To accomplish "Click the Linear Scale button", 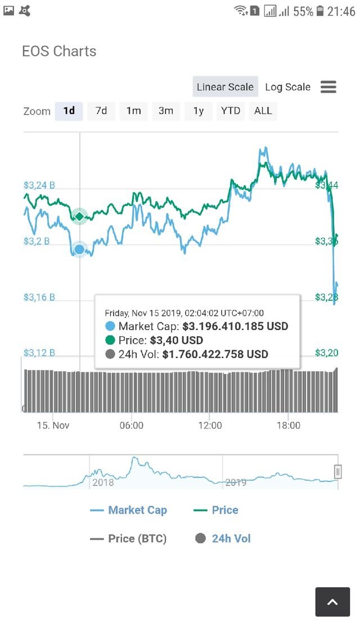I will tap(225, 87).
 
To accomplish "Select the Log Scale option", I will tap(287, 87).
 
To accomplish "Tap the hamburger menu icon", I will tap(328, 87).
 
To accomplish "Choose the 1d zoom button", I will tap(69, 111).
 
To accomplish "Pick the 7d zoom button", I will tap(101, 111).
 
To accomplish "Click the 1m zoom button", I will tap(133, 111).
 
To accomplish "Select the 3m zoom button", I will tap(165, 111).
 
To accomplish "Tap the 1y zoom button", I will tap(198, 111).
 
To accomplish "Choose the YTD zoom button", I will tap(231, 111).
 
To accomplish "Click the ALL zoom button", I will tap(263, 111).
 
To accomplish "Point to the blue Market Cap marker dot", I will tap(79, 249).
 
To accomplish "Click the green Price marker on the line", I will tap(79, 216).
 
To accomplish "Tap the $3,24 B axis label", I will tap(39, 185).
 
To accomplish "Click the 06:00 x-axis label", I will tap(132, 426).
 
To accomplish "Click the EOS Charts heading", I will tap(59, 51).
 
